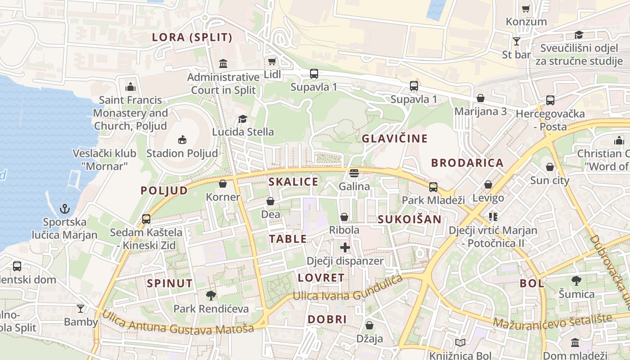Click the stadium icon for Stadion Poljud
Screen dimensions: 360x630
click(x=182, y=140)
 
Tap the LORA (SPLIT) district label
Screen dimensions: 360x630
click(x=192, y=37)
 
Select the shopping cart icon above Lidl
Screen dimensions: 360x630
click(x=272, y=61)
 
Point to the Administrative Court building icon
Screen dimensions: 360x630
click(x=223, y=63)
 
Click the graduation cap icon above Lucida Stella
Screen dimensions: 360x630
click(x=243, y=119)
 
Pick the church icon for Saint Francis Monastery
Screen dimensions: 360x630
click(x=130, y=86)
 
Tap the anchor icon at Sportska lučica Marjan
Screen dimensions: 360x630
click(x=65, y=209)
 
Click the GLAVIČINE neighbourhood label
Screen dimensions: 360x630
click(x=395, y=139)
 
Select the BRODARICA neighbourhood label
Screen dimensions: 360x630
click(x=467, y=163)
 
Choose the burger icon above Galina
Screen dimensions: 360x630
click(x=354, y=173)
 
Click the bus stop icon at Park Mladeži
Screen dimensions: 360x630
click(x=433, y=187)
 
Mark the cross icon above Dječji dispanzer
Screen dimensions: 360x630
click(x=345, y=247)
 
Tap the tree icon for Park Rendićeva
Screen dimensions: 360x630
click(x=211, y=296)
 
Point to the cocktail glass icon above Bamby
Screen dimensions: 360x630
click(x=81, y=308)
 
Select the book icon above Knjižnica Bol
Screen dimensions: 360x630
click(x=460, y=343)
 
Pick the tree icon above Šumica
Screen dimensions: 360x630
click(x=576, y=281)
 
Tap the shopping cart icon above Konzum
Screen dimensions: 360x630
click(x=526, y=9)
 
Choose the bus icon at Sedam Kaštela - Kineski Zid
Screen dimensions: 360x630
click(x=146, y=219)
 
